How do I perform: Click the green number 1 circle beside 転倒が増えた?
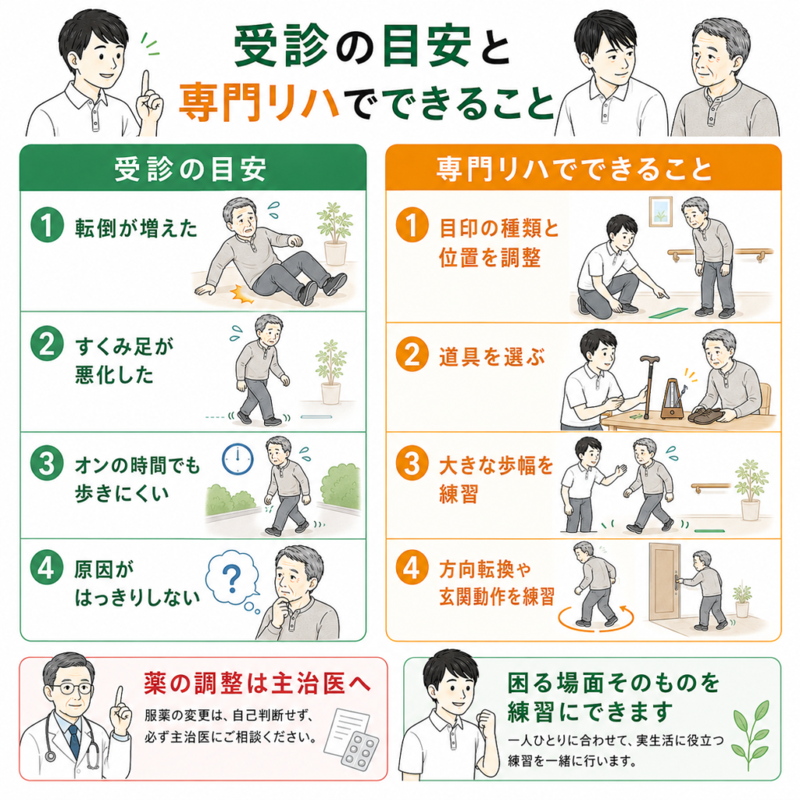tap(47, 225)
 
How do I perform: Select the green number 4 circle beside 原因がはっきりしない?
tap(47, 567)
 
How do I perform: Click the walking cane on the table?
tap(648, 386)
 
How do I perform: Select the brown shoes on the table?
tap(706, 415)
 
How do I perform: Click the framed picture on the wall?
tap(660, 211)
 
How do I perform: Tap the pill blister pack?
tap(360, 752)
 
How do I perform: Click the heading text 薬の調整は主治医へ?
tap(257, 683)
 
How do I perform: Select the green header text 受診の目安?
tap(191, 169)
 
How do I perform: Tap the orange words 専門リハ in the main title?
tap(259, 101)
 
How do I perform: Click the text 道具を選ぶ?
tap(492, 356)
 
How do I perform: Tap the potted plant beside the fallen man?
tap(334, 233)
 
